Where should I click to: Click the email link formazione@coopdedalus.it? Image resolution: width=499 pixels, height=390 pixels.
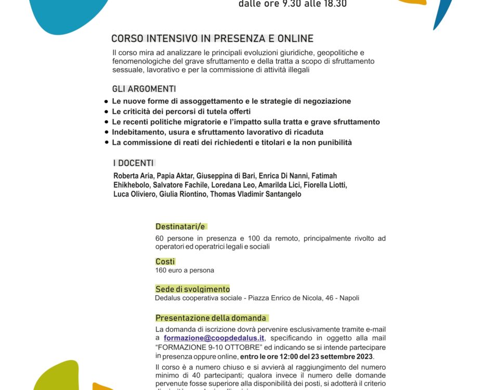coord(214,338)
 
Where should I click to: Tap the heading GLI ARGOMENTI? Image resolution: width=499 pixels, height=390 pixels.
coord(144,89)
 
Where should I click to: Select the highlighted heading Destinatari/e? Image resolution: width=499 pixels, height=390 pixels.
coord(181,226)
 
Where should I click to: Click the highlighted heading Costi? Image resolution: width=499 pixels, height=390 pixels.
coord(165,262)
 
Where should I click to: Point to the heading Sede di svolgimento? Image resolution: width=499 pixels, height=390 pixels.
coord(192,289)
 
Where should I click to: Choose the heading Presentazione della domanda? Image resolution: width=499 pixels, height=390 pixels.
coord(211,318)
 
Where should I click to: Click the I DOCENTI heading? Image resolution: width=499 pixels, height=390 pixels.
coord(134,163)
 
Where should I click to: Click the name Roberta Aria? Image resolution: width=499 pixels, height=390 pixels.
coord(132,176)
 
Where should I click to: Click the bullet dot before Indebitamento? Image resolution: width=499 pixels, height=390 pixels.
coord(107,132)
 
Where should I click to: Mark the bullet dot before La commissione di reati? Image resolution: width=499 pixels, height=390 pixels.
coord(107,142)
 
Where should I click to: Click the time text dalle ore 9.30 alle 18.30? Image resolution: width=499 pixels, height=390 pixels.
coord(293,4)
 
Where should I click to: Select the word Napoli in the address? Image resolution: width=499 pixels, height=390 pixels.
coord(348,298)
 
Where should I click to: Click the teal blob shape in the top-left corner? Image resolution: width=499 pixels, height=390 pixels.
coord(68,13)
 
